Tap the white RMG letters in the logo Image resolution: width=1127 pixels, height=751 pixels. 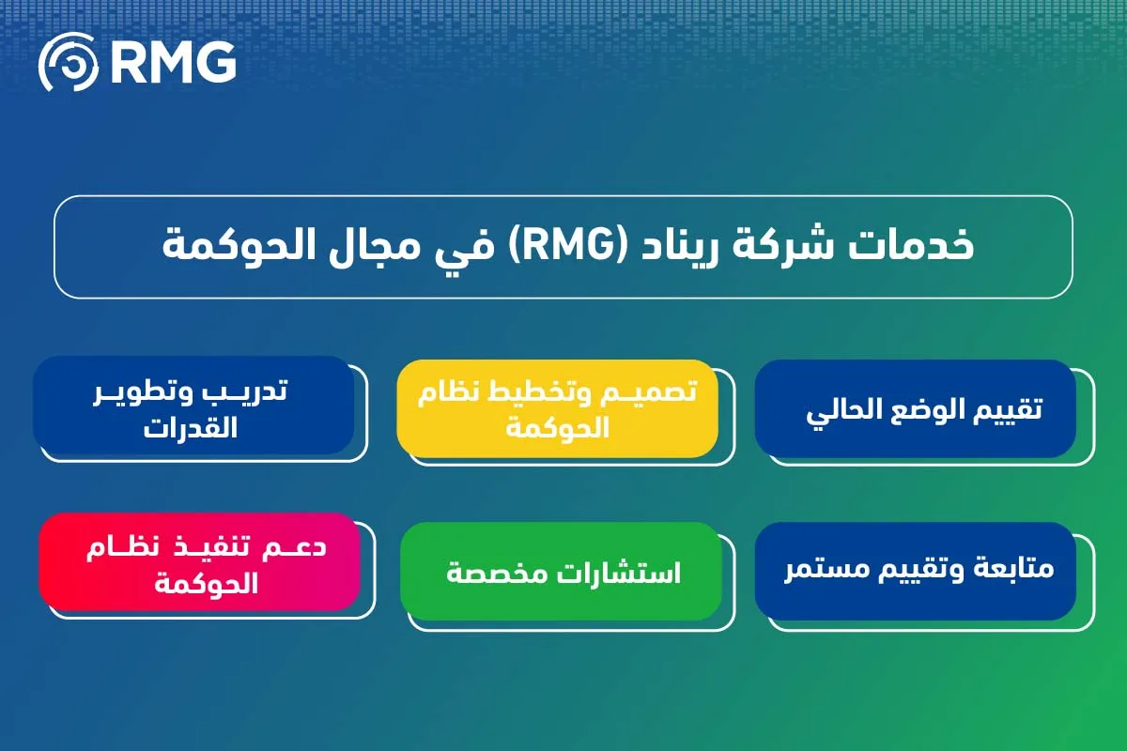point(174,62)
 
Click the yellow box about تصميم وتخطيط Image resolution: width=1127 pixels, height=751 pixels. point(558,408)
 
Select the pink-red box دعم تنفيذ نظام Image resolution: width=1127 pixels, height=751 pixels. point(200,561)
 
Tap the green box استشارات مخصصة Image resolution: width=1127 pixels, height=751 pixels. point(561,571)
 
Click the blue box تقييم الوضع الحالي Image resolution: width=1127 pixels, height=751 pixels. point(915,408)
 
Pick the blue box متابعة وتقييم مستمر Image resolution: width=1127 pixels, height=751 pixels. point(915,571)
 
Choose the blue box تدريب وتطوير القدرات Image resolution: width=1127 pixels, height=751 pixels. point(193,405)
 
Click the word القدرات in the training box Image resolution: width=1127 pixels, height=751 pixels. point(190,428)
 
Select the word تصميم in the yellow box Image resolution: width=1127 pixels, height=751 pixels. point(644,391)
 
